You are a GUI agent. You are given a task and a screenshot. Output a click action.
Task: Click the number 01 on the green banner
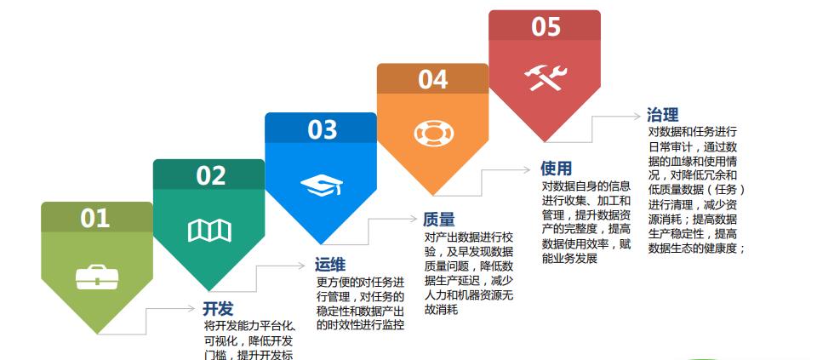95,219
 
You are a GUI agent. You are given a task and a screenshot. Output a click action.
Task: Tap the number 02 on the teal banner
211,175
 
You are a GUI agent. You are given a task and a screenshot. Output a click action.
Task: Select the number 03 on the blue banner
323,130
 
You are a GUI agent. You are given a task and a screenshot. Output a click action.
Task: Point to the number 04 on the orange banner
432,80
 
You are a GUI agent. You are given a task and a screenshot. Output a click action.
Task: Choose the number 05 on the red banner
546,27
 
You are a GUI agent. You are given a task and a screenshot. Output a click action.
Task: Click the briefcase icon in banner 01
94,277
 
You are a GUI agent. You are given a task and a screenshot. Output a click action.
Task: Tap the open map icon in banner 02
209,230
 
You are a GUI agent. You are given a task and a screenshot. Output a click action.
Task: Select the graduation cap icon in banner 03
320,186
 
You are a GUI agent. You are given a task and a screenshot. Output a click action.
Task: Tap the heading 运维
330,265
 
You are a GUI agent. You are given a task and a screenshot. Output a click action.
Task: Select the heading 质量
439,220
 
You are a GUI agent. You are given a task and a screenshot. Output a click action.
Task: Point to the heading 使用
557,169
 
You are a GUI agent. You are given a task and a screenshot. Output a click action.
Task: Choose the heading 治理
663,116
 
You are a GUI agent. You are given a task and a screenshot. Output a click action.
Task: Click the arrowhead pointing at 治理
638,116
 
